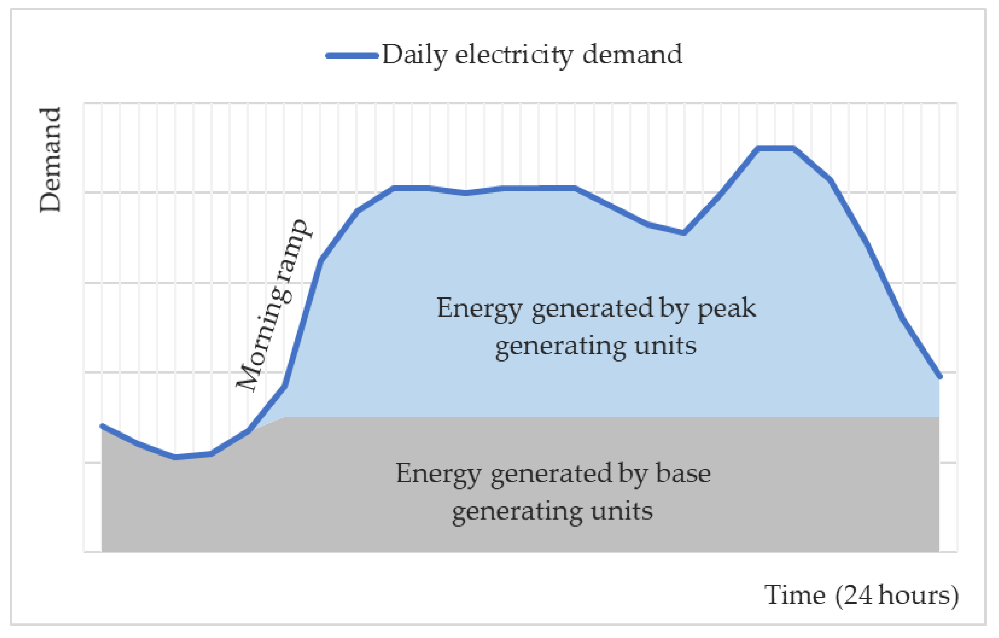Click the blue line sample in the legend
point(352,55)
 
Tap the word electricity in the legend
point(514,55)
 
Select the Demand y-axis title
point(50,160)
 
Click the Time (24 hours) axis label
point(861,596)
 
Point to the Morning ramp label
point(272,305)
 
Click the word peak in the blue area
point(726,309)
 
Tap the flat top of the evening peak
point(776,148)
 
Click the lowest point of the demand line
point(175,457)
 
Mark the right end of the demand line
point(940,377)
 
